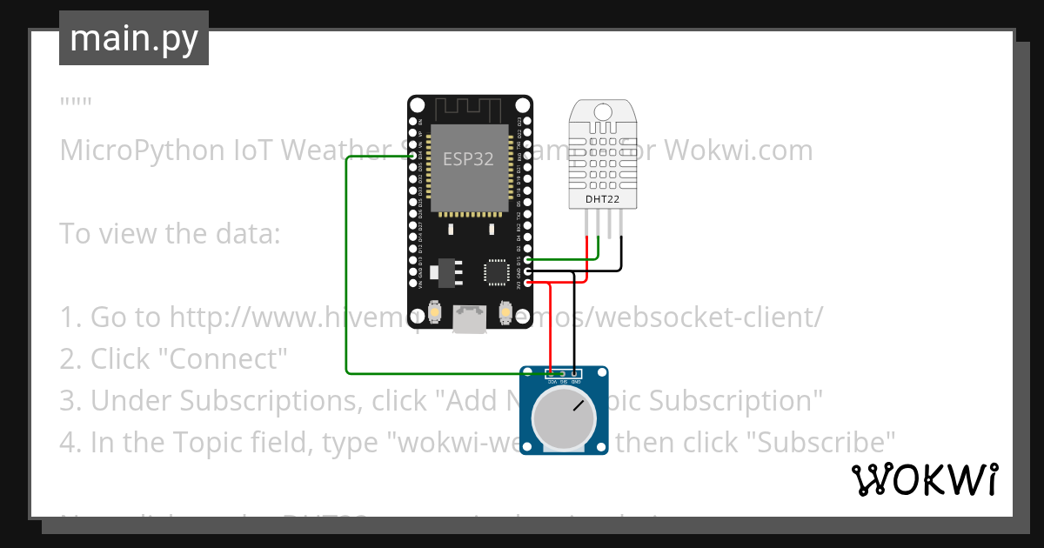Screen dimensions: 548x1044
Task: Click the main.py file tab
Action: point(133,38)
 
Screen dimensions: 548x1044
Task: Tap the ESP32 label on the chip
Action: point(468,159)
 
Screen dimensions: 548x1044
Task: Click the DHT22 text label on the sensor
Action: point(602,198)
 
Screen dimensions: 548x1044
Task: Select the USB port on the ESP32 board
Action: point(470,319)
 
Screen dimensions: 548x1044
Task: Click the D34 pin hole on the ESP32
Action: point(412,156)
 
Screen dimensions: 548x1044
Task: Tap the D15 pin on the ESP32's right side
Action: point(527,259)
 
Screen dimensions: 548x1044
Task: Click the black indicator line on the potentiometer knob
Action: point(578,405)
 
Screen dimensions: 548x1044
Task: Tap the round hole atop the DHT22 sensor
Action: point(602,111)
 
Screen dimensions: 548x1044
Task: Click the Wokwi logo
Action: point(924,479)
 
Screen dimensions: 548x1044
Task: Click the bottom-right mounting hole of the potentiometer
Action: point(600,447)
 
